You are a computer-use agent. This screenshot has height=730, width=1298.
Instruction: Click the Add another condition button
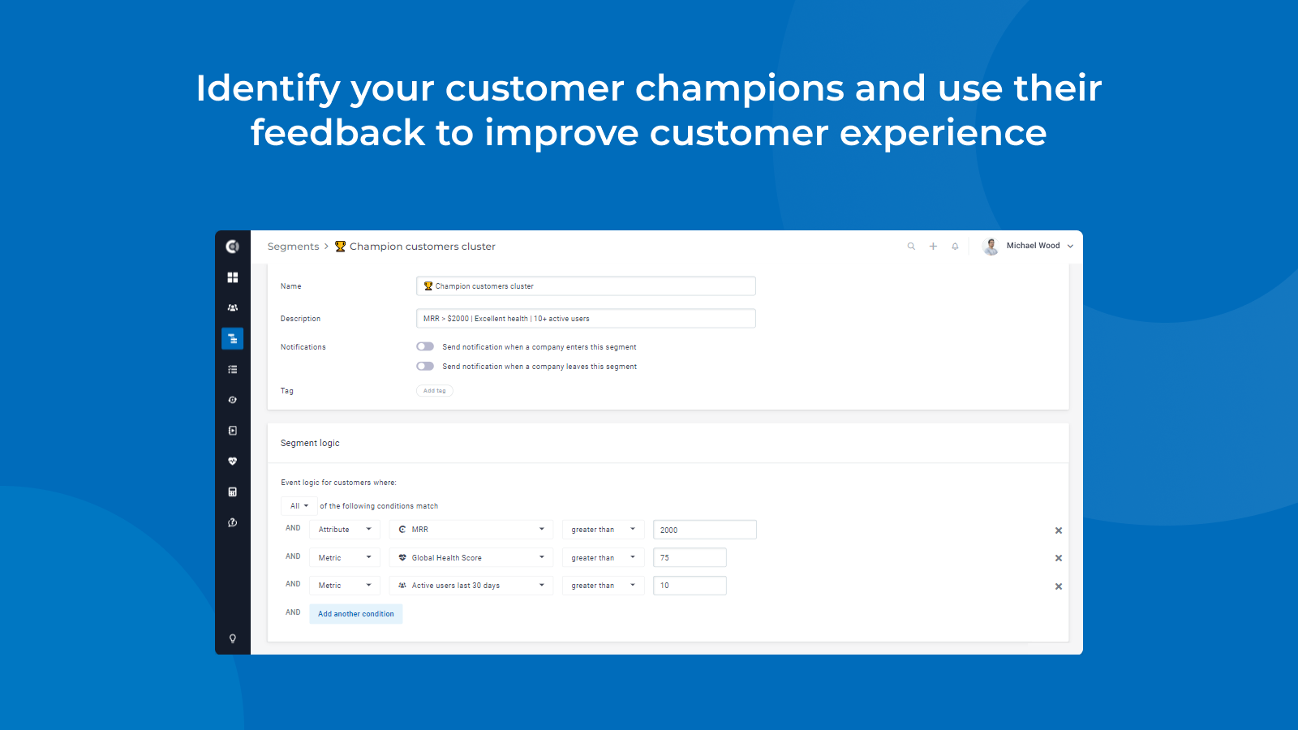click(356, 613)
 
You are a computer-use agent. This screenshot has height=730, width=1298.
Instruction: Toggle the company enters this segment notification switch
click(425, 346)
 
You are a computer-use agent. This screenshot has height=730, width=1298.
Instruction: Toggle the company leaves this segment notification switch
click(425, 366)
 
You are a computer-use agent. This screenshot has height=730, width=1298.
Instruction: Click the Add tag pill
click(435, 390)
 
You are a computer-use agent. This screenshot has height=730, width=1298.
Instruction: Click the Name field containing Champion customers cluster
click(586, 286)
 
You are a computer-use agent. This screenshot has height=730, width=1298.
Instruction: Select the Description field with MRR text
click(586, 319)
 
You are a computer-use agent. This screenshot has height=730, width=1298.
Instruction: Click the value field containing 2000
click(705, 530)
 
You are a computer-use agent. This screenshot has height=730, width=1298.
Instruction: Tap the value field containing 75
click(690, 557)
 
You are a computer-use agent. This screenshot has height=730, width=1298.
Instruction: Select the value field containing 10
click(690, 585)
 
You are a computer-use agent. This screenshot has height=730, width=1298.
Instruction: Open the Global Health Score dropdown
click(471, 557)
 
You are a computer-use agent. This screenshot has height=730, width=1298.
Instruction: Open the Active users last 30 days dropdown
click(471, 585)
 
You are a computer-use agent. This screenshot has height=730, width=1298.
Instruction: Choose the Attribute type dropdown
click(345, 530)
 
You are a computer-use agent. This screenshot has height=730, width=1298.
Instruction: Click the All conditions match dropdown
click(299, 506)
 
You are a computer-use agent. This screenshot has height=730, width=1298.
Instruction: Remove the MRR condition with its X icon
click(1058, 530)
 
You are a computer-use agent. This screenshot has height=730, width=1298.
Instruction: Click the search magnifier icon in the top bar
click(911, 247)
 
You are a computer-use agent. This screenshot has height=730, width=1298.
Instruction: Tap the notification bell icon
click(955, 247)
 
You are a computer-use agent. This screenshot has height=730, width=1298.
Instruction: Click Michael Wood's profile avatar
click(991, 247)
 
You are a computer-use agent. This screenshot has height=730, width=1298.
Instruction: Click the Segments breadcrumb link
click(293, 247)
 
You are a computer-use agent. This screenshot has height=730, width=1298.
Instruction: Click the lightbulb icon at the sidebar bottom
click(232, 638)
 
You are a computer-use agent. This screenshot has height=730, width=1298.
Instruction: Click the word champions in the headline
click(739, 89)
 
